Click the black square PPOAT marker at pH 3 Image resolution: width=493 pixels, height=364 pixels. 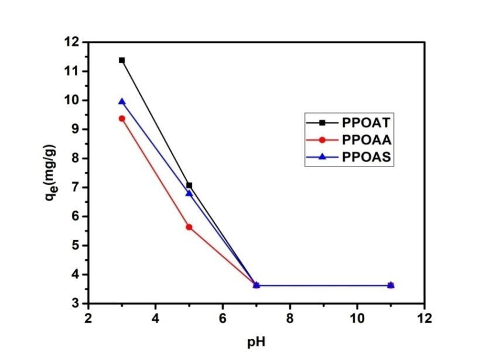(122, 60)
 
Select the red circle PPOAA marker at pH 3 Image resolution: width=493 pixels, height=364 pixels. (122, 118)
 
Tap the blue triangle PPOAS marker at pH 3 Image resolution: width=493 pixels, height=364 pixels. (122, 101)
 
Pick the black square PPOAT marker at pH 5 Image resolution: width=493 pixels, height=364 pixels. (189, 185)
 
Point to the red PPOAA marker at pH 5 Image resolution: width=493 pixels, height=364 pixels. (189, 227)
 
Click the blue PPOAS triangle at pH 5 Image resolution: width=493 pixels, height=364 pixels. (189, 193)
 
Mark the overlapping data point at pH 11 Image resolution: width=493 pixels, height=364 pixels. (391, 285)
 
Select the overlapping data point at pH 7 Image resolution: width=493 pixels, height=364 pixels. (256, 285)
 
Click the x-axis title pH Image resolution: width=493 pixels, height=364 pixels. (256, 340)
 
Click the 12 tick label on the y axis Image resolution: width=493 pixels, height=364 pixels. (72, 42)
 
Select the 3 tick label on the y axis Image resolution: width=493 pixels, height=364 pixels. (76, 304)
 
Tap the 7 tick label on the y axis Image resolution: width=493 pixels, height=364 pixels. (76, 188)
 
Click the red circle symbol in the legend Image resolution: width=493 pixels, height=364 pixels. (323, 140)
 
